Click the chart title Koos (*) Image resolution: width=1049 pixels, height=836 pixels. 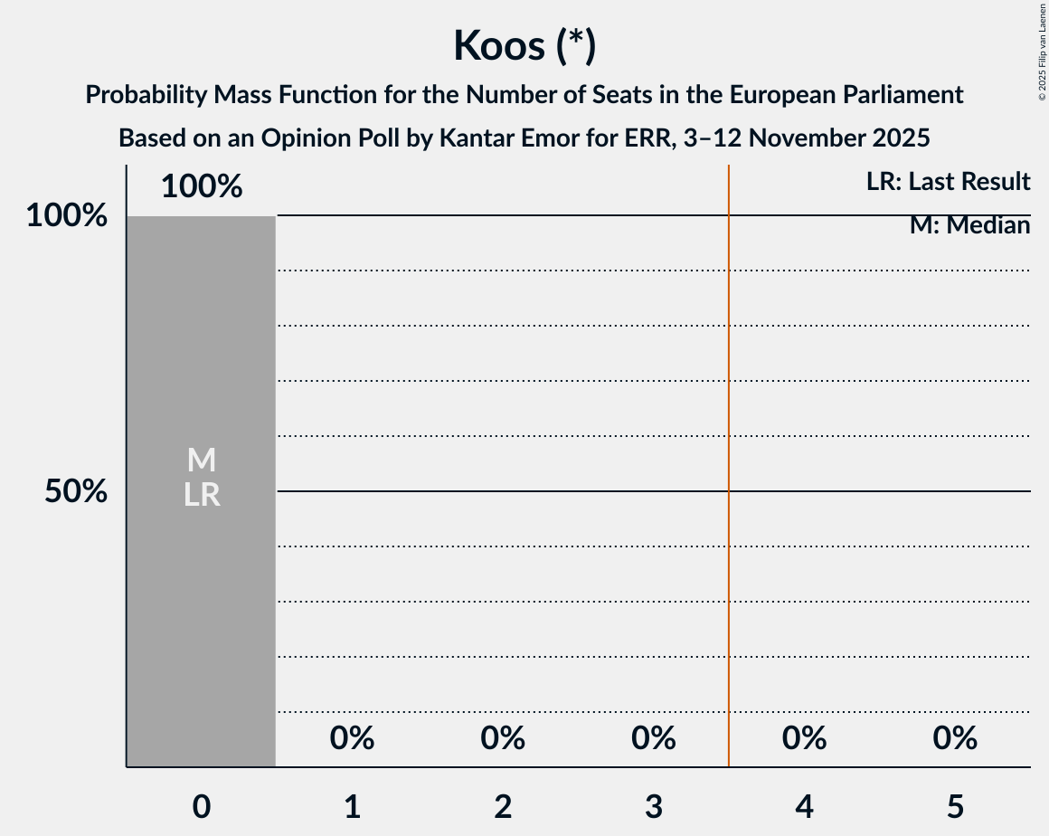pos(524,45)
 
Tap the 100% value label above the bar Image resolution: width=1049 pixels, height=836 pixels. pos(202,186)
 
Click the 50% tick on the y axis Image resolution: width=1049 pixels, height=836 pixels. pos(76,491)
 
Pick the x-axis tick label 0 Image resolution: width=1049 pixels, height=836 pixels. pos(202,805)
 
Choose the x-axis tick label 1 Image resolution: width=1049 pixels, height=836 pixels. pos(352,805)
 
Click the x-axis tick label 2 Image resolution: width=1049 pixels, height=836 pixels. pos(503,805)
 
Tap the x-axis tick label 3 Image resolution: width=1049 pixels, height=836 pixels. pos(654,805)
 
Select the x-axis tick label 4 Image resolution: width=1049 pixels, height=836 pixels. pos(804,805)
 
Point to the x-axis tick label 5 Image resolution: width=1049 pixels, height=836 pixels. pos(955,805)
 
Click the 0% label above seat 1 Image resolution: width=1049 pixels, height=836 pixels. pos(352,738)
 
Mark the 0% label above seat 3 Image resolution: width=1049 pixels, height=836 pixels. pos(654,738)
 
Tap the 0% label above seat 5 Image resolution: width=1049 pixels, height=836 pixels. pos(955,738)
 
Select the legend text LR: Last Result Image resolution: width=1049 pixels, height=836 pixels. pos(948,182)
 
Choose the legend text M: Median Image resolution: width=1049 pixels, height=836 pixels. pos(969,225)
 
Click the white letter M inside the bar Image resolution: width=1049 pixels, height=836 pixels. pos(202,461)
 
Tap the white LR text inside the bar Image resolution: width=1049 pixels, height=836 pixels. pos(202,495)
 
